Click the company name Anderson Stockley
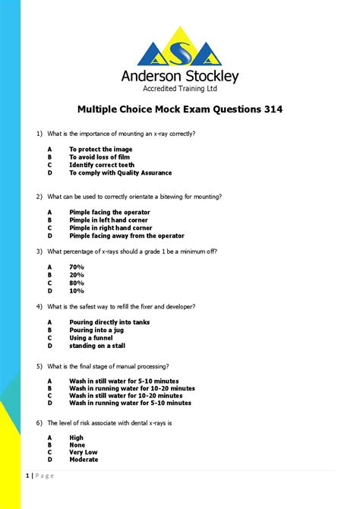[180, 76]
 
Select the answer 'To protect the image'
[100, 150]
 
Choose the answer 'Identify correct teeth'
[102, 165]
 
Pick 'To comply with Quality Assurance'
[121, 172]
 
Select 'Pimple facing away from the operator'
[127, 236]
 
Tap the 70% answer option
[77, 267]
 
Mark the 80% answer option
[77, 283]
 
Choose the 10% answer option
[77, 290]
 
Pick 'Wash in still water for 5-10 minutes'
[124, 381]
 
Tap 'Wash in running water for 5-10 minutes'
[130, 403]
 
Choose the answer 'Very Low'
[83, 452]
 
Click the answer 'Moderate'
[84, 460]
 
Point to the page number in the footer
[27, 476]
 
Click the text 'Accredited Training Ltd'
[180, 89]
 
